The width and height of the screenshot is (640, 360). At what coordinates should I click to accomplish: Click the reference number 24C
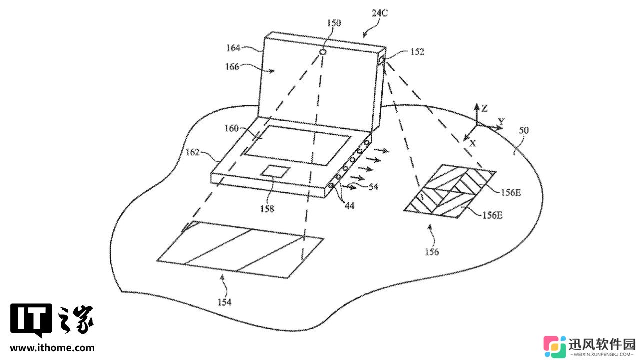[x=379, y=13]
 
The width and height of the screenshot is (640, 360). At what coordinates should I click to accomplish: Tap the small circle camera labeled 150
[x=323, y=52]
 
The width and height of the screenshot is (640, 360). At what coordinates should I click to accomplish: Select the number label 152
[x=417, y=52]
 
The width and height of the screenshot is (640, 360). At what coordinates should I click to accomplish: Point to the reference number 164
[x=233, y=48]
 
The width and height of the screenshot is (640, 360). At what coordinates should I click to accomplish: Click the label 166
[x=232, y=67]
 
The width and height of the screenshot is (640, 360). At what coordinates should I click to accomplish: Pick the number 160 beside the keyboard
[x=231, y=128]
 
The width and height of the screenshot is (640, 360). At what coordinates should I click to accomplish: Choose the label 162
[x=192, y=152]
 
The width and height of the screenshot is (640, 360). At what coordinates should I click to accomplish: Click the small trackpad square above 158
[x=275, y=171]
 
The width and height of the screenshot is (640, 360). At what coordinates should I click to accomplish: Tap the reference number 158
[x=267, y=209]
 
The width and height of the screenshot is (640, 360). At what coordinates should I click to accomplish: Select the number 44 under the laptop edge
[x=350, y=205]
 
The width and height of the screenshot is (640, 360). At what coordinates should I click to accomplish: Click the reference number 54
[x=373, y=187]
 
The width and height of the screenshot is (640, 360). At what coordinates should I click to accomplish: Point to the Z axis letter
[x=484, y=108]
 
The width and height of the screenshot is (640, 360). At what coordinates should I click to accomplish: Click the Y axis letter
[x=501, y=122]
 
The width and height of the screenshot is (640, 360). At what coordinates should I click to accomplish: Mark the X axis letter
[x=473, y=143]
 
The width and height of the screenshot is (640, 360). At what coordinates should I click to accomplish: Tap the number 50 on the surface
[x=524, y=130]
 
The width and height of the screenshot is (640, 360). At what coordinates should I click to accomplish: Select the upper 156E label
[x=511, y=193]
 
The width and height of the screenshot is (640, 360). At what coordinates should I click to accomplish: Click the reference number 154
[x=224, y=302]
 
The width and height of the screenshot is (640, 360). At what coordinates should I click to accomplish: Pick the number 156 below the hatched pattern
[x=432, y=252]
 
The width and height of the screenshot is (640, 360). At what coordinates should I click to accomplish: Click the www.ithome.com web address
[x=52, y=348]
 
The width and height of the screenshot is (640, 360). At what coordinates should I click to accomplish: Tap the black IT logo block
[x=31, y=320]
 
